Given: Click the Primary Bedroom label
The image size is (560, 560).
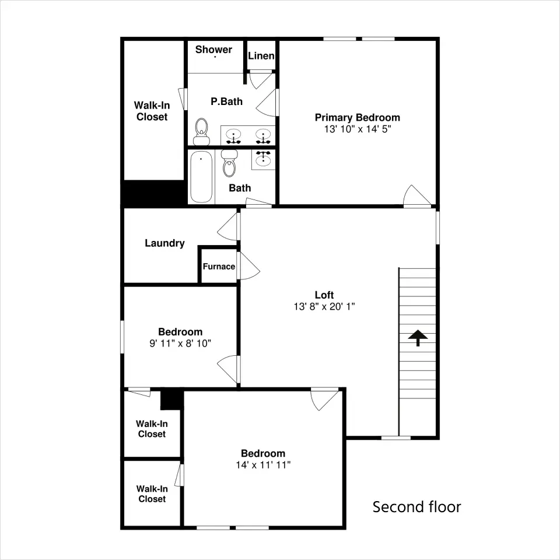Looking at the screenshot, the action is [x=357, y=117].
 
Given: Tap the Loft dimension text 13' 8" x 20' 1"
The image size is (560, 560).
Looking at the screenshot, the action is [x=324, y=306].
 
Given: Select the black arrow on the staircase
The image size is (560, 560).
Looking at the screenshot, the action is [x=418, y=338].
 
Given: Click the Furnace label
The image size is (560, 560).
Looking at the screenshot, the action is [x=219, y=267].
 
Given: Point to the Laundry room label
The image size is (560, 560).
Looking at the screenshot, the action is [x=164, y=243].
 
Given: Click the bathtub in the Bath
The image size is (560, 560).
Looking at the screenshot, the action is [x=201, y=177].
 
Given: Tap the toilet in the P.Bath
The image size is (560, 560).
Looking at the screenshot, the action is [x=202, y=132].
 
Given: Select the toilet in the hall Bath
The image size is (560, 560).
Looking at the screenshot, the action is [x=229, y=163].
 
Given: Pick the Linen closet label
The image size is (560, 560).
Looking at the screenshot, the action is [x=261, y=56].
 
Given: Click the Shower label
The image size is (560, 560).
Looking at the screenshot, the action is [x=213, y=49].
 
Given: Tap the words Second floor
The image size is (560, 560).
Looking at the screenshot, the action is [x=416, y=507].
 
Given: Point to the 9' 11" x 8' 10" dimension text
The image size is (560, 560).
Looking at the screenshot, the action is [x=180, y=344].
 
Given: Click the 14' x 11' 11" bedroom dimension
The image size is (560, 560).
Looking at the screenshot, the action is [x=263, y=465].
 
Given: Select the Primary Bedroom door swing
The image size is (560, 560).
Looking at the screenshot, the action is [x=416, y=196].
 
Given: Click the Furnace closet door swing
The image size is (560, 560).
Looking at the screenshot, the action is [x=249, y=266].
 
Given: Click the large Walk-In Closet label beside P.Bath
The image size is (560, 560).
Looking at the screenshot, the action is [x=152, y=111].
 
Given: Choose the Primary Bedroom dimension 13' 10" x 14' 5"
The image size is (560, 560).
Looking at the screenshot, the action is [x=358, y=129].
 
